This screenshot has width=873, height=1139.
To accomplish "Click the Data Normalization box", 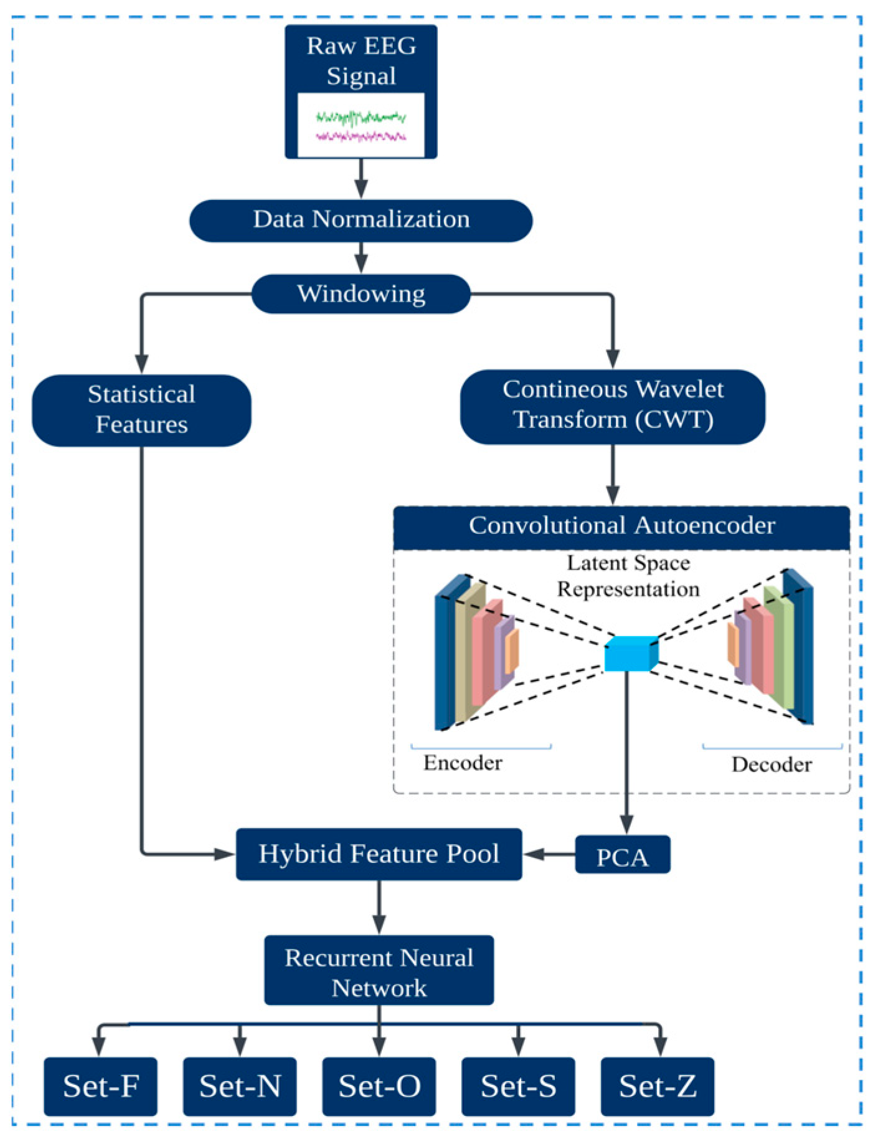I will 361,221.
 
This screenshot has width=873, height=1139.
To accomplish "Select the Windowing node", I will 361,293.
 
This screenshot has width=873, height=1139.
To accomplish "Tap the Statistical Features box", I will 141,410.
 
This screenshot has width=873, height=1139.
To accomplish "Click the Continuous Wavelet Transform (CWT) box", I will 613,406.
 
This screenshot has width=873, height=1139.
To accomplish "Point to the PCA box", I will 622,855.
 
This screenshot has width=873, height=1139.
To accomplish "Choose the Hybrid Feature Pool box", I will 379,854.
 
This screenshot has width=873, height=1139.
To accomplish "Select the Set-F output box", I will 100,1086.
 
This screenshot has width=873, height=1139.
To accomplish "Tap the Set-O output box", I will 379,1086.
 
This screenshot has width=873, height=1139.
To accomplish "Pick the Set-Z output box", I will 657,1086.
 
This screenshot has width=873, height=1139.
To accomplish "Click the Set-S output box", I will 518,1086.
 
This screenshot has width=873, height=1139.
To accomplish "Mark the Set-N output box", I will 240,1086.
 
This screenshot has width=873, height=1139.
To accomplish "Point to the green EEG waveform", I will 361,117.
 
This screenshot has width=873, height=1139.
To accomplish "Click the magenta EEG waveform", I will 361,136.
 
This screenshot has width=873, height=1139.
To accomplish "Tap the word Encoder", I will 463,763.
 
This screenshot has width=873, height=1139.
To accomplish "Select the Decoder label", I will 772,765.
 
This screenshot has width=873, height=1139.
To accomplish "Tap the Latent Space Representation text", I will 628,576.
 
